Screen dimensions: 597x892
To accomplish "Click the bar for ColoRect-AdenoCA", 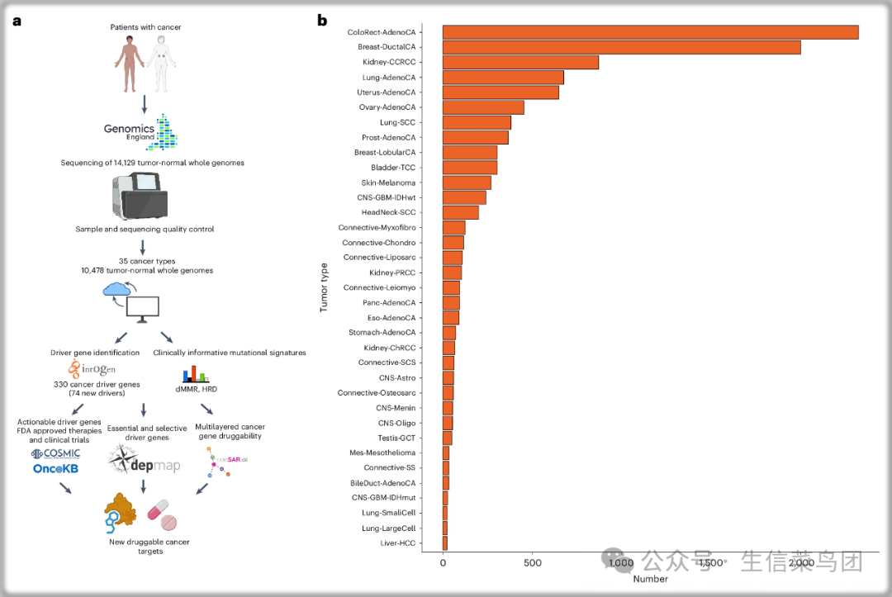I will [x=650, y=32].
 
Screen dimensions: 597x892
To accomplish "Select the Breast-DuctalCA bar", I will [x=621, y=47].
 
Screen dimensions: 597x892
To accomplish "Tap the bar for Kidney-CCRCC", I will [x=520, y=62].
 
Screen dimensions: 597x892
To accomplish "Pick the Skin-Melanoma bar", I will [x=467, y=182].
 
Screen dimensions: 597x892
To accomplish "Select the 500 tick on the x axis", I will [x=533, y=563].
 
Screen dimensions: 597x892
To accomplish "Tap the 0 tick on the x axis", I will [x=443, y=563].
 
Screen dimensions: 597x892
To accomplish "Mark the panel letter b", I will [x=322, y=21].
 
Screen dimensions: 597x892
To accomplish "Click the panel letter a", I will [x=17, y=21].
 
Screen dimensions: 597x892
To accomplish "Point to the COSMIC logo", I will [x=56, y=453].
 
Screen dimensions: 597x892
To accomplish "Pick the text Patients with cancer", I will [x=145, y=27].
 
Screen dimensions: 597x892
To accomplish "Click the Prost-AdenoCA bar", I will [x=475, y=137].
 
